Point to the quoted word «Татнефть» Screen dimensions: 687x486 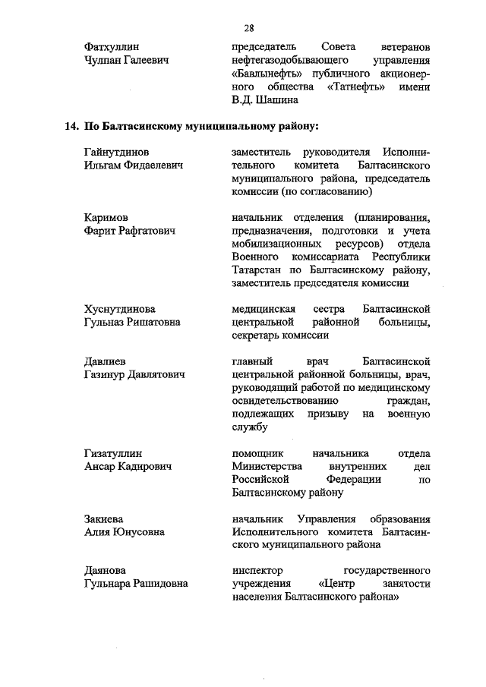357,87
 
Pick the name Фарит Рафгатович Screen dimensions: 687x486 130,232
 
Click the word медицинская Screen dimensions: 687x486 264,309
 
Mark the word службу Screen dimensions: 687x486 250,427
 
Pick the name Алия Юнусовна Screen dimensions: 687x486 124,532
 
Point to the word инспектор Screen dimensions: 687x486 259,570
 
